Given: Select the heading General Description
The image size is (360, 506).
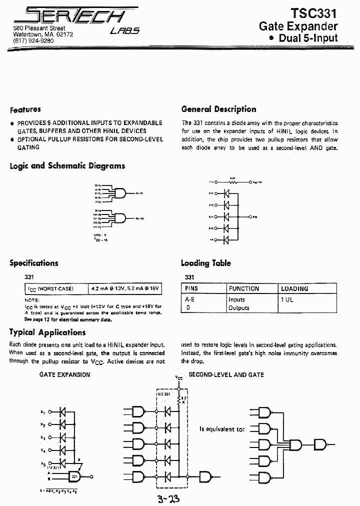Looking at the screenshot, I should tap(218, 109).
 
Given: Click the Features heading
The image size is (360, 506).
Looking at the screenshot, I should tap(25, 109).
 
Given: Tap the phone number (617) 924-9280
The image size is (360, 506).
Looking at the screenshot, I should tap(33, 40).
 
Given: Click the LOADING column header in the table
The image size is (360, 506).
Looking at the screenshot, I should tap(294, 288).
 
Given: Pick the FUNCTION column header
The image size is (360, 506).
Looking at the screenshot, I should tap(244, 288).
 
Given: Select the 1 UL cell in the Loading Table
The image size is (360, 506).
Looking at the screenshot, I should tap(287, 299).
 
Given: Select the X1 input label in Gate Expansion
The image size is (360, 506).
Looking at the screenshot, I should tap(42, 412).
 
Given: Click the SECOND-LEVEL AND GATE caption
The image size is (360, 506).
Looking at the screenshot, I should tap(226, 374).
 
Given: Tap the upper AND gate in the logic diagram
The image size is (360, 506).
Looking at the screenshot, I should tap(120, 192).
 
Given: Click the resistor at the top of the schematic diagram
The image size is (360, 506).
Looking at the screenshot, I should tap(232, 182).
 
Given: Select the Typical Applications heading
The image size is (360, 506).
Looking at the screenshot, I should tap(47, 332).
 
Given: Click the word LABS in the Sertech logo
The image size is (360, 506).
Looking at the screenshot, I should tap(124, 30).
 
